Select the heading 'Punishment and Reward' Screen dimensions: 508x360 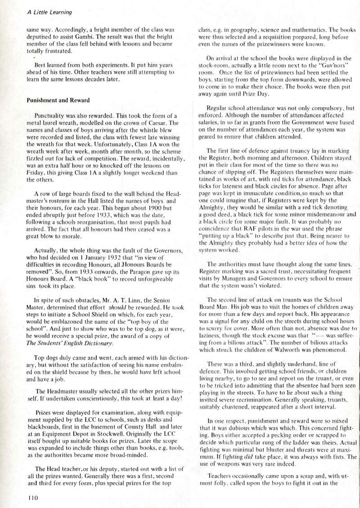tap(58, 100)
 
